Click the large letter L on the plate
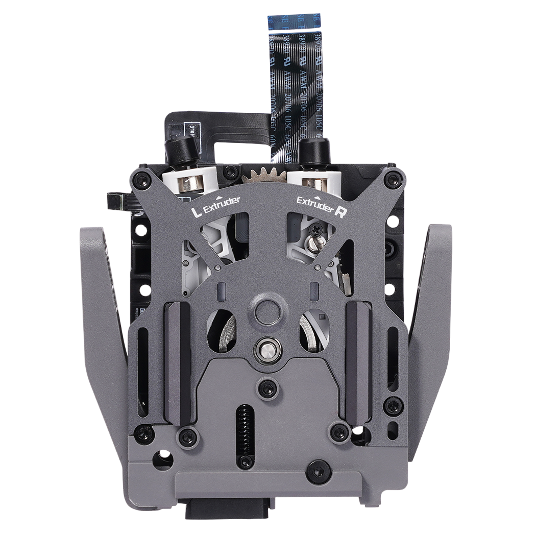coord(194,210)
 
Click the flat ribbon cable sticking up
coord(295,77)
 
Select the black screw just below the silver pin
coord(268,388)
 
